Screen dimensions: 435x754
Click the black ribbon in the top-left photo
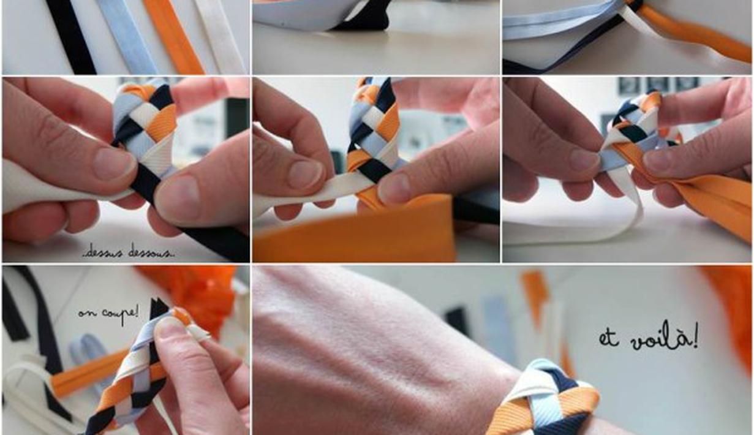(70, 37)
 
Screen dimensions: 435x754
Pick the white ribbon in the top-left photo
(221, 37)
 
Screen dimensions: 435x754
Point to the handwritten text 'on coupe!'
(108, 314)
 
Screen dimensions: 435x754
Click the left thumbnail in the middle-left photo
(114, 165)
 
